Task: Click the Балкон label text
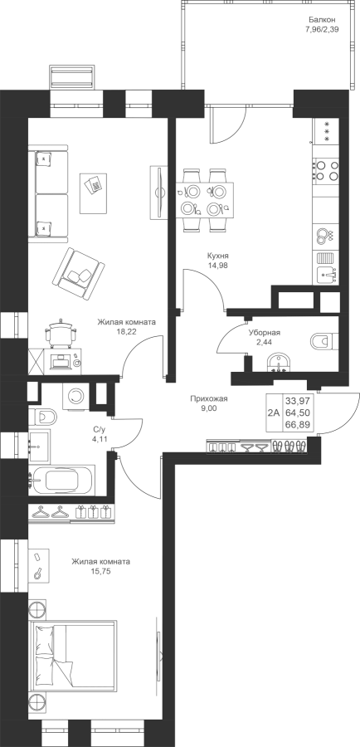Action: pyautogui.click(x=322, y=20)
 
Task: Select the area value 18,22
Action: pyautogui.click(x=126, y=331)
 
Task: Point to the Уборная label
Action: pyautogui.click(x=264, y=333)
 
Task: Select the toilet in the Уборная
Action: pyautogui.click(x=324, y=341)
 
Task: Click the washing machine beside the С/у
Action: pyautogui.click(x=75, y=395)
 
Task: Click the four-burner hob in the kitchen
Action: pyautogui.click(x=326, y=171)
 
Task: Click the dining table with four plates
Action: pyautogui.click(x=205, y=199)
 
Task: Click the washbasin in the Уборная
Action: pyautogui.click(x=279, y=362)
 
